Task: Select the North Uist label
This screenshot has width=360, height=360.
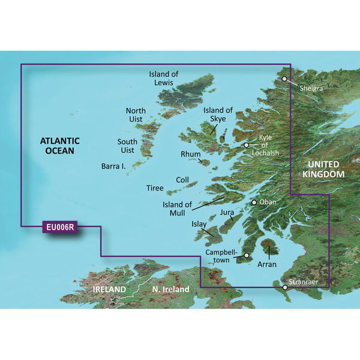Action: click(136, 115)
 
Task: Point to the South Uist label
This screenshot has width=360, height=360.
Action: click(127, 146)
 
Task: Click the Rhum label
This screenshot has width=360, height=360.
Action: click(190, 154)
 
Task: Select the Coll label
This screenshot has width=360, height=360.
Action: click(182, 180)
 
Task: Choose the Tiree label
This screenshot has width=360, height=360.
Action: click(155, 188)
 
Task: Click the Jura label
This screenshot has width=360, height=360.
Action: click(227, 212)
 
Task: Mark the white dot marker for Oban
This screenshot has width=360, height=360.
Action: click(254, 203)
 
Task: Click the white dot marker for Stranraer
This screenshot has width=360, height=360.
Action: click(285, 288)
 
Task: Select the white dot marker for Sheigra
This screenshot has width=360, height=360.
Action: click(284, 79)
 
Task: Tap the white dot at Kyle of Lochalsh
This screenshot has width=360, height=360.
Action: click(246, 145)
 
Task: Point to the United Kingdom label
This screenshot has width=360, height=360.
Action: click(323, 169)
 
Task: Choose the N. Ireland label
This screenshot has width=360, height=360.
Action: click(170, 290)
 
